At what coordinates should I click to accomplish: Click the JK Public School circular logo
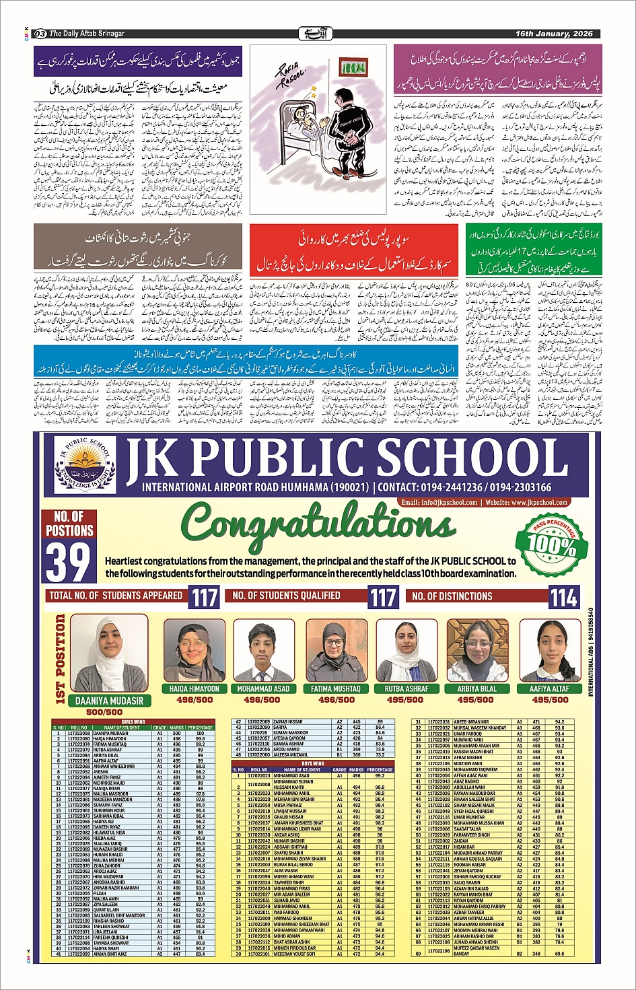[84, 467]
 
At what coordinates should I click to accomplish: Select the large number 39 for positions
[68, 561]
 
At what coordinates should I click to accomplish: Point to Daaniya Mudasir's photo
[109, 653]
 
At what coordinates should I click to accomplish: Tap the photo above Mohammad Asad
[263, 651]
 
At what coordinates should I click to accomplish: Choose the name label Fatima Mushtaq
[336, 688]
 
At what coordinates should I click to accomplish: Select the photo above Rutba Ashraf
[407, 651]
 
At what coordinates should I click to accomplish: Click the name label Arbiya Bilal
[476, 688]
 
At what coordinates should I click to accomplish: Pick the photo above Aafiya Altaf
[550, 651]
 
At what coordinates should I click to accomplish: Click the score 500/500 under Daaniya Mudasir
[104, 712]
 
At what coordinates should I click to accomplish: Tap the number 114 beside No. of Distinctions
[563, 596]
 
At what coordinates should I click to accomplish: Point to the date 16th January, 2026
[554, 34]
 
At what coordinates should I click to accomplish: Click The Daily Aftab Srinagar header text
[86, 34]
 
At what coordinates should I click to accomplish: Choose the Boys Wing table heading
[313, 763]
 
